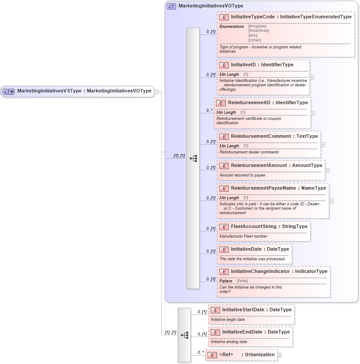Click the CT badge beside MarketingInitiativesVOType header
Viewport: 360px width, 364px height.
pyautogui.click(x=171, y=6)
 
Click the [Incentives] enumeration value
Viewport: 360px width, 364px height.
pyautogui.click(x=258, y=31)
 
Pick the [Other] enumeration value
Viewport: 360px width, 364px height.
pyautogui.click(x=255, y=40)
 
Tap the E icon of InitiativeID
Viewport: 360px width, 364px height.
pyautogui.click(x=224, y=65)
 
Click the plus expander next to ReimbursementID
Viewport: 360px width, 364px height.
pyautogui.click(x=312, y=113)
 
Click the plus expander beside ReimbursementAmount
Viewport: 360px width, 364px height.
pyautogui.click(x=327, y=170)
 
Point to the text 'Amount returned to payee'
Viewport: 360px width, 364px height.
pyautogui.click(x=242, y=175)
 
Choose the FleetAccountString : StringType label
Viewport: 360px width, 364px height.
pyautogui.click(x=269, y=227)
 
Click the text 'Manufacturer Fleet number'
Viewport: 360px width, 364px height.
pyautogui.click(x=243, y=236)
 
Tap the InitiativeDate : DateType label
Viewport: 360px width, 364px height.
pyautogui.click(x=260, y=249)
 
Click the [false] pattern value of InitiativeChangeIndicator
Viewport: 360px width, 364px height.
pyautogui.click(x=242, y=281)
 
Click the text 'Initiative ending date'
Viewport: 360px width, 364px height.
pyautogui.click(x=229, y=342)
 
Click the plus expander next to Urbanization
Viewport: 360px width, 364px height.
pyautogui.click(x=279, y=355)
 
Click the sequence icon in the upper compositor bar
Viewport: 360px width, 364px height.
pyautogui.click(x=193, y=158)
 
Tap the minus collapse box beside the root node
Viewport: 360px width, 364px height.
pyautogui.click(x=156, y=92)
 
